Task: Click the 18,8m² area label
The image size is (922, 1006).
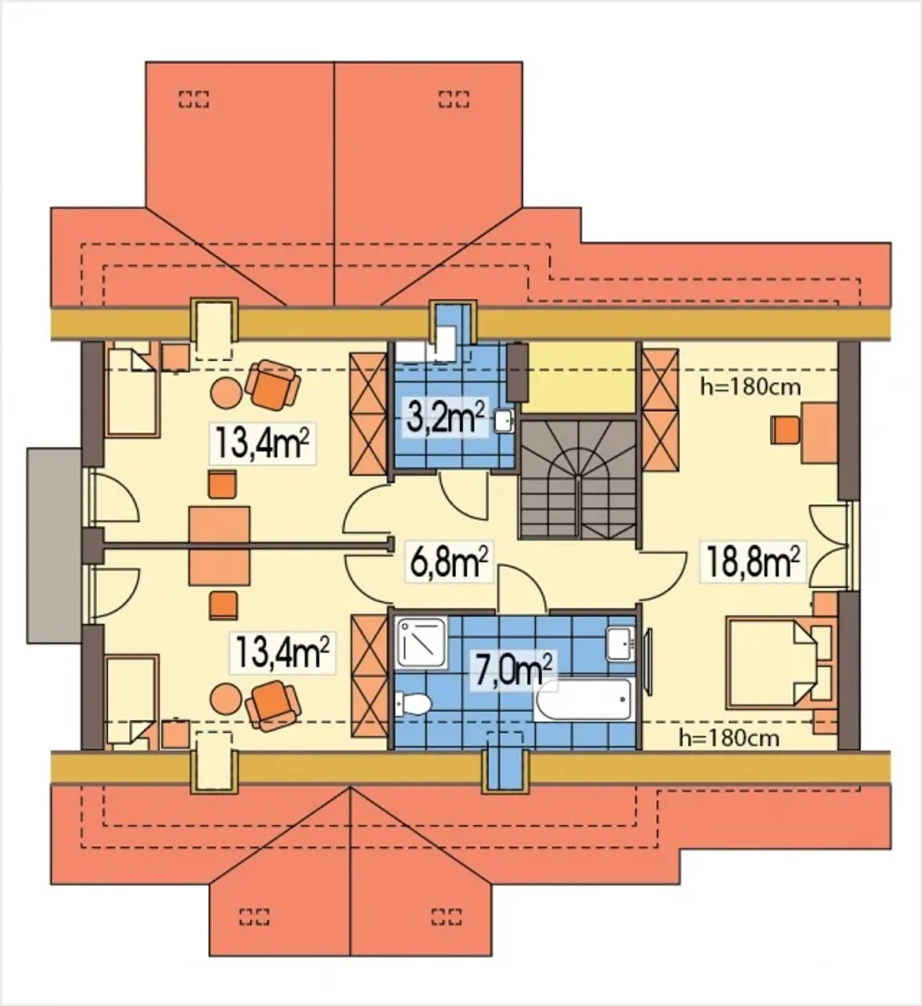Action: (x=753, y=561)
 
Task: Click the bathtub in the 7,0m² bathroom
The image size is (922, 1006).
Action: (x=583, y=700)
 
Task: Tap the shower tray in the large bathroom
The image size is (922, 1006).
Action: (x=421, y=643)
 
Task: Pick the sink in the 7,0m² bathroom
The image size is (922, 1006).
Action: (x=621, y=642)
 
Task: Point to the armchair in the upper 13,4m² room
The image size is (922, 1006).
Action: (x=273, y=385)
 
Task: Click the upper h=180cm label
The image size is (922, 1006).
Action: (x=751, y=387)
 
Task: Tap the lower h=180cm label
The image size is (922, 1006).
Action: (x=730, y=738)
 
